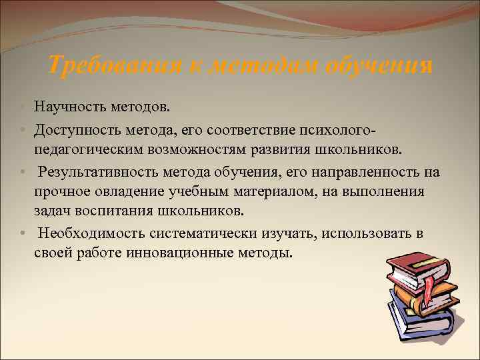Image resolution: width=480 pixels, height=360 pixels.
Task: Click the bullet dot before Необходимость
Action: (x=23, y=233)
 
